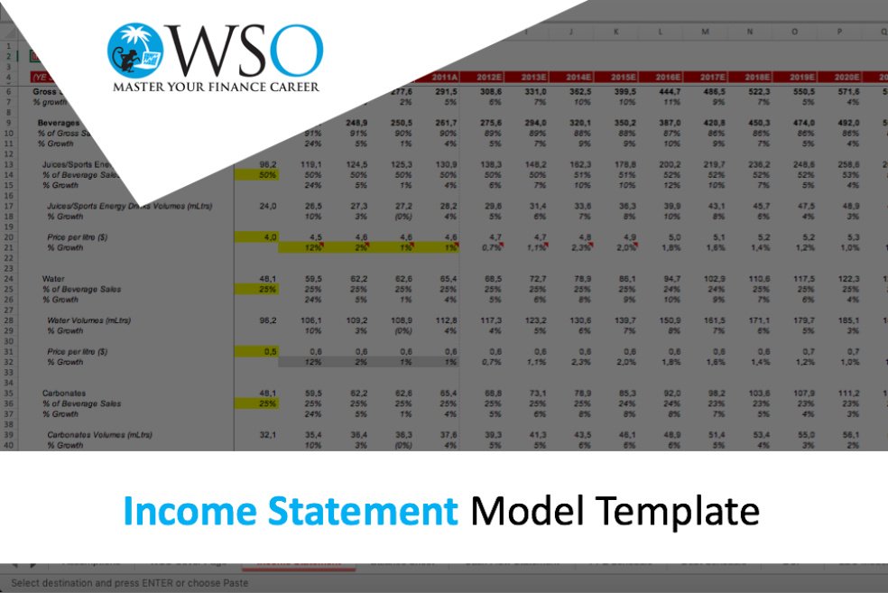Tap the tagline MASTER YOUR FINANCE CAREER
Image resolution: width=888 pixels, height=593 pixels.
pyautogui.click(x=216, y=88)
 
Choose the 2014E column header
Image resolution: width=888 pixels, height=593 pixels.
pyautogui.click(x=579, y=78)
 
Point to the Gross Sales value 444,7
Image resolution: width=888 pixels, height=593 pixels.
pyautogui.click(x=668, y=92)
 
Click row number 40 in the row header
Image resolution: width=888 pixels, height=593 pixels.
pyautogui.click(x=9, y=445)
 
